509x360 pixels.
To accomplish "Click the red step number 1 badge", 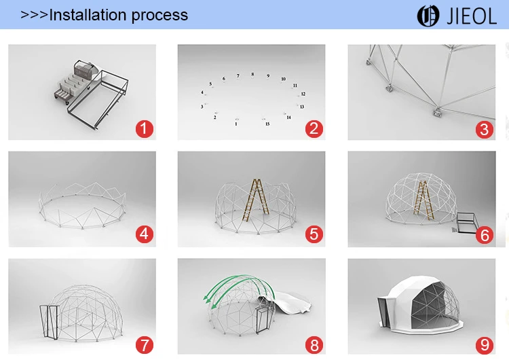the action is click(145, 128).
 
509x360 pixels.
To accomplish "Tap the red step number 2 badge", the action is click(314, 128).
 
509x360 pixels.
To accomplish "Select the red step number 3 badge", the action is click(485, 129).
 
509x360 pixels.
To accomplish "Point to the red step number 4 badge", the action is click(145, 234).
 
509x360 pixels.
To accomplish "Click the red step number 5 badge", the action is click(314, 234).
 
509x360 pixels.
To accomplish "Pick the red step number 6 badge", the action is click(485, 235).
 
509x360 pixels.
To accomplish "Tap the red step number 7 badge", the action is click(145, 345).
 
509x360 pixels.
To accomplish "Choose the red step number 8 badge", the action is click(314, 345).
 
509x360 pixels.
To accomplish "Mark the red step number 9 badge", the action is click(485, 345).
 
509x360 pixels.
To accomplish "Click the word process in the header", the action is click(159, 16).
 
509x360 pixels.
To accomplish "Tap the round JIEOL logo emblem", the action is click(428, 16).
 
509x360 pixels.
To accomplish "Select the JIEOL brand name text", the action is click(472, 16).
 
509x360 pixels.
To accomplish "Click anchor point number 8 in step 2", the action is click(252, 75).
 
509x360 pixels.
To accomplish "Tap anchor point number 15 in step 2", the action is click(267, 124).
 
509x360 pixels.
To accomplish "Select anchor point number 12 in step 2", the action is click(303, 94).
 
